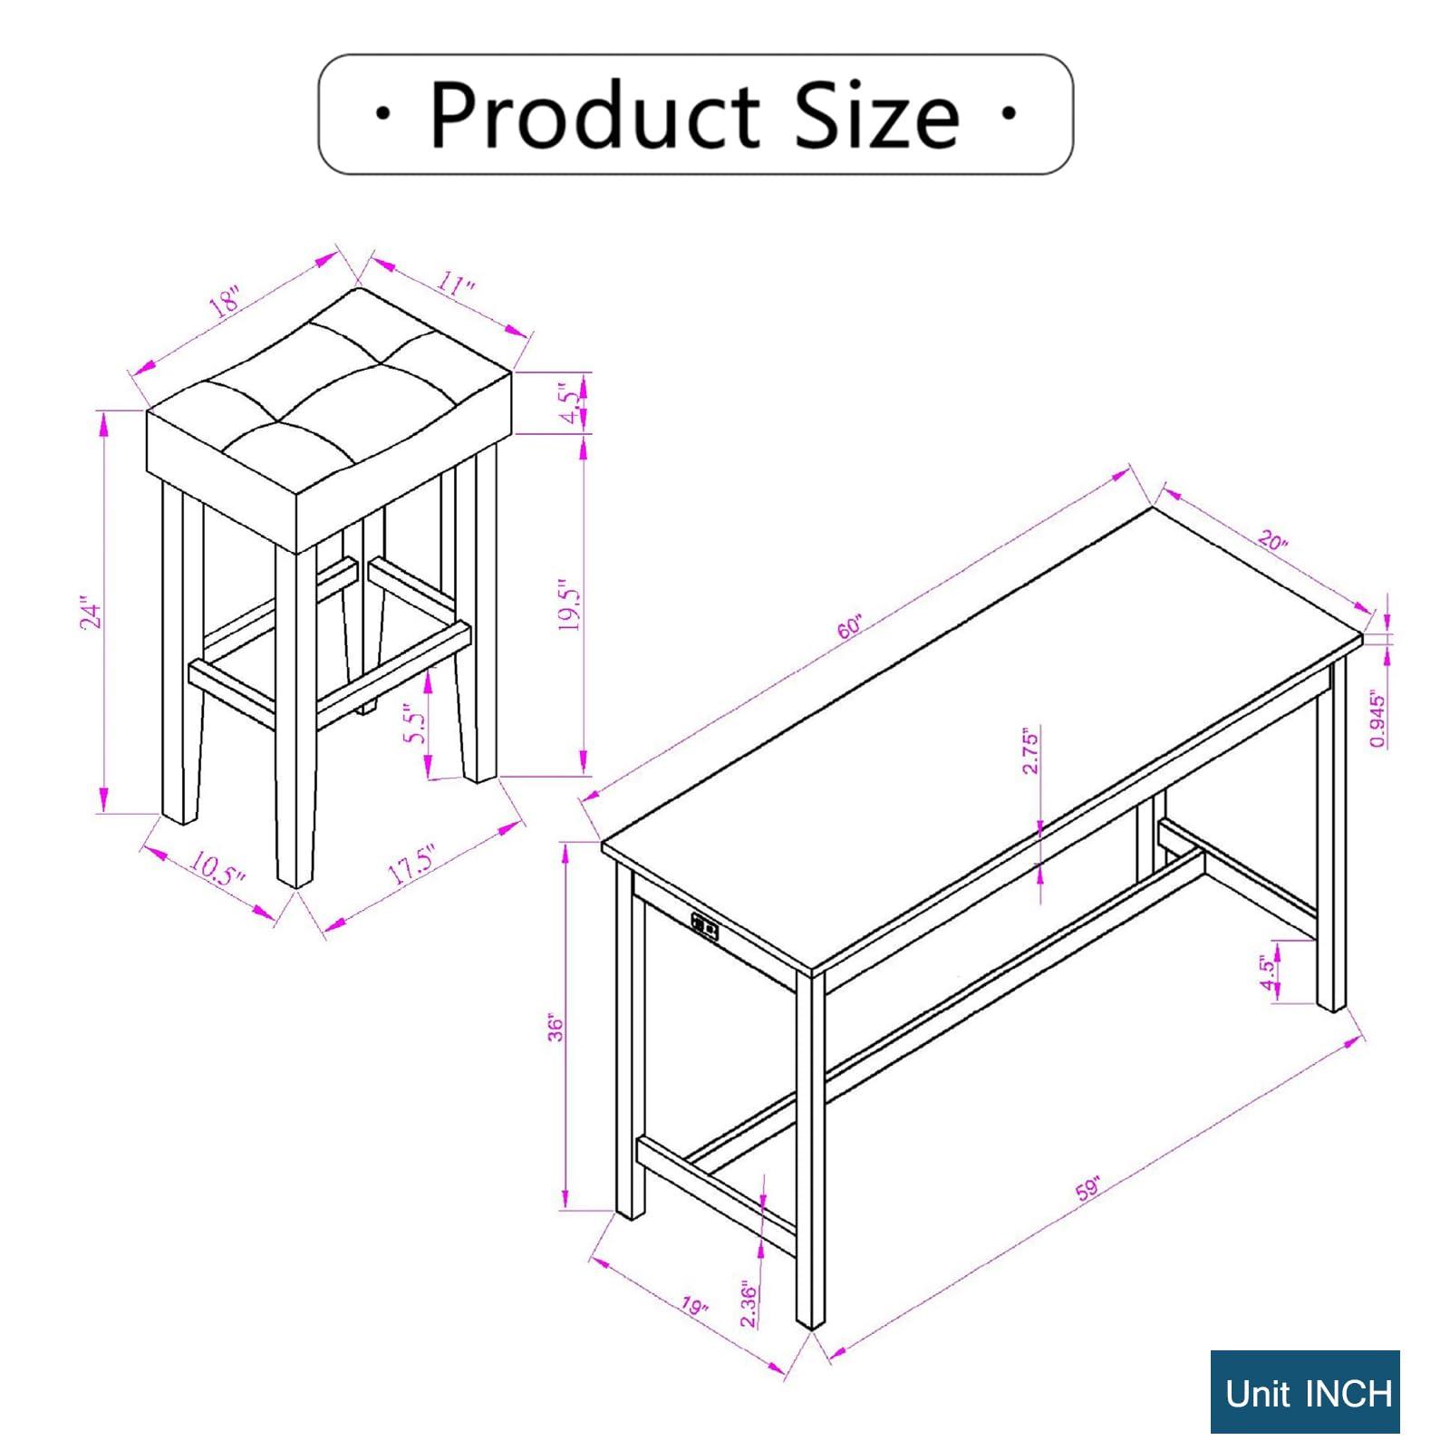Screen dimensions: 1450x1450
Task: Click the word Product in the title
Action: pos(594,117)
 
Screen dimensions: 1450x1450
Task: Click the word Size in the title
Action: pos(876,115)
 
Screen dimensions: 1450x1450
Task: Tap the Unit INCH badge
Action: pos(1305,1392)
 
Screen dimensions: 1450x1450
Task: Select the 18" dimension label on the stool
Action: pos(226,300)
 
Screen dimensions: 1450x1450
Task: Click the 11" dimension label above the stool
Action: pos(456,286)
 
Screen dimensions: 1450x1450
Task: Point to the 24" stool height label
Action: pos(92,613)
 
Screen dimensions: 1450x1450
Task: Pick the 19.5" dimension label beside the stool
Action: pos(568,604)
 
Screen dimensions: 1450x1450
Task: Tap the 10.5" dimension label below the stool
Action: pos(217,869)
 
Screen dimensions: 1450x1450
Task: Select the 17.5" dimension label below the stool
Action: pos(413,864)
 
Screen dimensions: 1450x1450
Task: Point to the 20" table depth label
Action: pos(1272,541)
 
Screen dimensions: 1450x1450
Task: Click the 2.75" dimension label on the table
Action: pos(1029,749)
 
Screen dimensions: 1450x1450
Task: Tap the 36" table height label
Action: pos(556,1028)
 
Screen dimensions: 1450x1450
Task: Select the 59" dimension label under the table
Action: pos(1087,1189)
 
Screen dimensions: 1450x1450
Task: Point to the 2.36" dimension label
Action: pos(749,1304)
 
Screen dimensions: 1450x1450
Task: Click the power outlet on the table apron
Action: pos(706,924)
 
